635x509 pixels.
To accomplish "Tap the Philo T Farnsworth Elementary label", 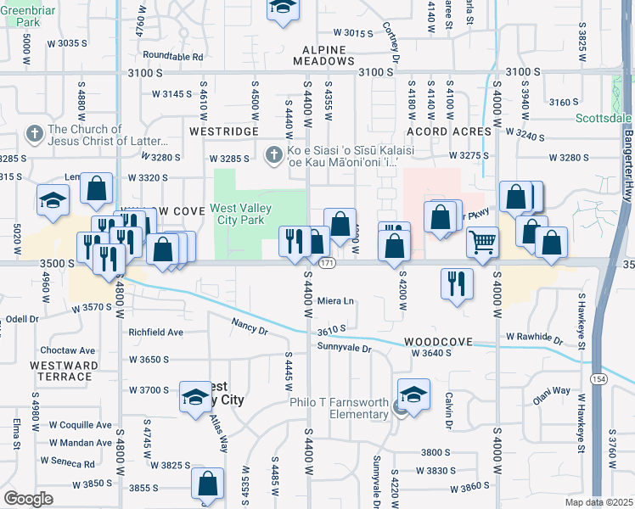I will (339, 408).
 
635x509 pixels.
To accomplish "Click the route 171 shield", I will (326, 265).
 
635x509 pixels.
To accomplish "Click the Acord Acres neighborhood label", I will (449, 131).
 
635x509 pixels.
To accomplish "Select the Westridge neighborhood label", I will (223, 132).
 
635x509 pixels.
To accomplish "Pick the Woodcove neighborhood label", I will (437, 340).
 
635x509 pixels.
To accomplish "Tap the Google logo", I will (28, 498).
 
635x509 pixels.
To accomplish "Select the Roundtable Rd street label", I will (173, 57).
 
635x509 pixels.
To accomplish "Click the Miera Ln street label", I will (335, 301).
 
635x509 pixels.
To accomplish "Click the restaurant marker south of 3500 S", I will (457, 283).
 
